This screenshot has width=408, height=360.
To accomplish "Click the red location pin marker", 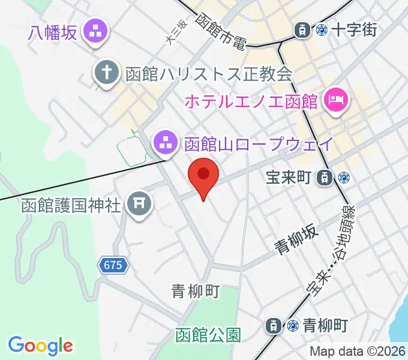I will [203, 176].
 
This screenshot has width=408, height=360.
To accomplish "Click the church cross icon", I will [106, 74].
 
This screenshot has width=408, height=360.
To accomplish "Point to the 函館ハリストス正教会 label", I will [209, 74].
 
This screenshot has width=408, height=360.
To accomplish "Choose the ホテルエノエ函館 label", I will [250, 101].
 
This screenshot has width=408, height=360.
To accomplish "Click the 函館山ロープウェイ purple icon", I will [163, 143].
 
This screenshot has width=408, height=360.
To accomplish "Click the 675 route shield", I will [113, 266].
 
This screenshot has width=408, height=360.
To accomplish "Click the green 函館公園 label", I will [208, 334].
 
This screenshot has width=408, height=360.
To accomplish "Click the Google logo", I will [40, 346].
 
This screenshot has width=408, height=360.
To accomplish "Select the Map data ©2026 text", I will [358, 351].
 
